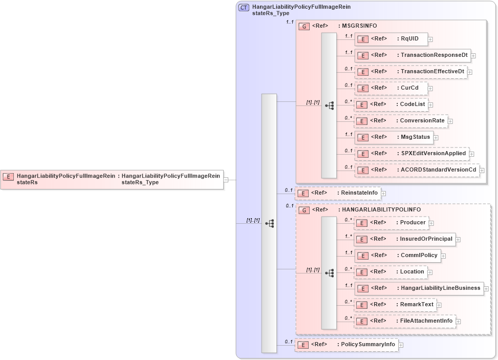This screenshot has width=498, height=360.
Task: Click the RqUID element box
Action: coord(391,39)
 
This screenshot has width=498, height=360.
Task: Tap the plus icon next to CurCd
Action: coord(430,89)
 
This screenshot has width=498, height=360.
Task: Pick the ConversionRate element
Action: coord(401,121)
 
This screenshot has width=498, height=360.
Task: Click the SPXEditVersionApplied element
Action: coord(412,154)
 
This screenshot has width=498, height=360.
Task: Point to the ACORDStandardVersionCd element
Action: coord(417,170)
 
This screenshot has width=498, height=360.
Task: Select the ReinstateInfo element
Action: coord(338,193)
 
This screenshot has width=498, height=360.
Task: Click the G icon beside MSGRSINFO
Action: coord(304,26)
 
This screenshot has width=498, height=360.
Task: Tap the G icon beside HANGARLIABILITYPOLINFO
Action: coord(304,210)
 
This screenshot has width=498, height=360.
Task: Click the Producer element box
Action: coord(392,223)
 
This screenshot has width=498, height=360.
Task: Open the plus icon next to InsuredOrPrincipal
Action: coord(458,240)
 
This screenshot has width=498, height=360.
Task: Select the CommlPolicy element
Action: coord(398,256)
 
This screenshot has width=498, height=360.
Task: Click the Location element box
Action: coord(391,272)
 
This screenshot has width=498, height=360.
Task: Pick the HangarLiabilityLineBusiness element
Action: coord(419,288)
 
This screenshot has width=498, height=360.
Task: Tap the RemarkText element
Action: coord(396,305)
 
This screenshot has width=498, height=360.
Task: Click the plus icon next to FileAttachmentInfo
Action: coord(459,322)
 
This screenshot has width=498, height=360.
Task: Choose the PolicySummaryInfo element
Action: coord(347,345)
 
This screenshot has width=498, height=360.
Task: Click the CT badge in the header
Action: coord(244,8)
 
